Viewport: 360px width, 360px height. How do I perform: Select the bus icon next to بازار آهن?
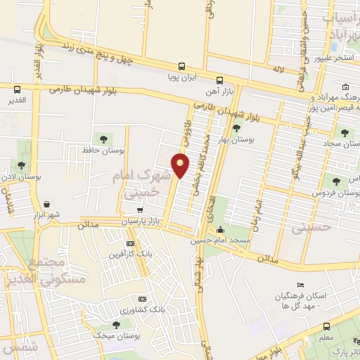(x=220, y=79)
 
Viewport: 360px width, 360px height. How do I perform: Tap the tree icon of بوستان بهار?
(x=236, y=128)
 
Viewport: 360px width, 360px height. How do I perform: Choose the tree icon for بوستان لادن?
(x=22, y=165)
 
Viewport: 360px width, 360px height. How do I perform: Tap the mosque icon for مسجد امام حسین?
(x=221, y=229)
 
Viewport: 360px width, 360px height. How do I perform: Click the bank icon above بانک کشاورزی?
(x=142, y=299)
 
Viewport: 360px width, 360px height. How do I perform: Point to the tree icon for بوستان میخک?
(x=115, y=324)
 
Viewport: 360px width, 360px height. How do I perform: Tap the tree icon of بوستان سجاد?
(x=344, y=132)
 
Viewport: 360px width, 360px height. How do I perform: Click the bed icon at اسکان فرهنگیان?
(x=301, y=285)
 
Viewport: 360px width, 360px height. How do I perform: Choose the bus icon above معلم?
(x=327, y=326)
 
